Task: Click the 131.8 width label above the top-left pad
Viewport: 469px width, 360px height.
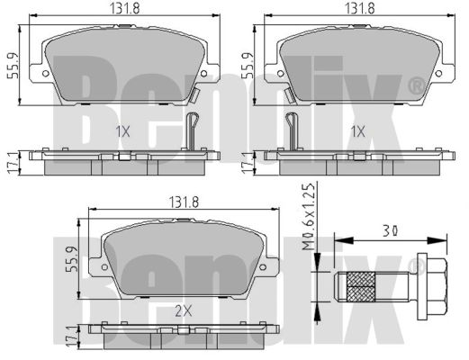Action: coord(125,9)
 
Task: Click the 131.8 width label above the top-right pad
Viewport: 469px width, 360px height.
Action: coord(360,9)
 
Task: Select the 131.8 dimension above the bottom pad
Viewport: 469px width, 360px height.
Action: coord(185,202)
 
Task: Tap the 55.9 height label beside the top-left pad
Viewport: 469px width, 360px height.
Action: coord(13,66)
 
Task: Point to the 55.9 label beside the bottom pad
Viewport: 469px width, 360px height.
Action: coord(72,259)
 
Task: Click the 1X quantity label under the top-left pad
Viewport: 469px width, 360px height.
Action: coord(123,131)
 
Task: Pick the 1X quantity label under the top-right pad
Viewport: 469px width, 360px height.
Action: coord(358,131)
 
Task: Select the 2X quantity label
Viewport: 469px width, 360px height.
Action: coord(184,312)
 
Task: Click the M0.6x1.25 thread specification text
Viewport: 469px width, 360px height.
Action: coord(309,217)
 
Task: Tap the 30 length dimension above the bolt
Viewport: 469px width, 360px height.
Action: coord(391,230)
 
